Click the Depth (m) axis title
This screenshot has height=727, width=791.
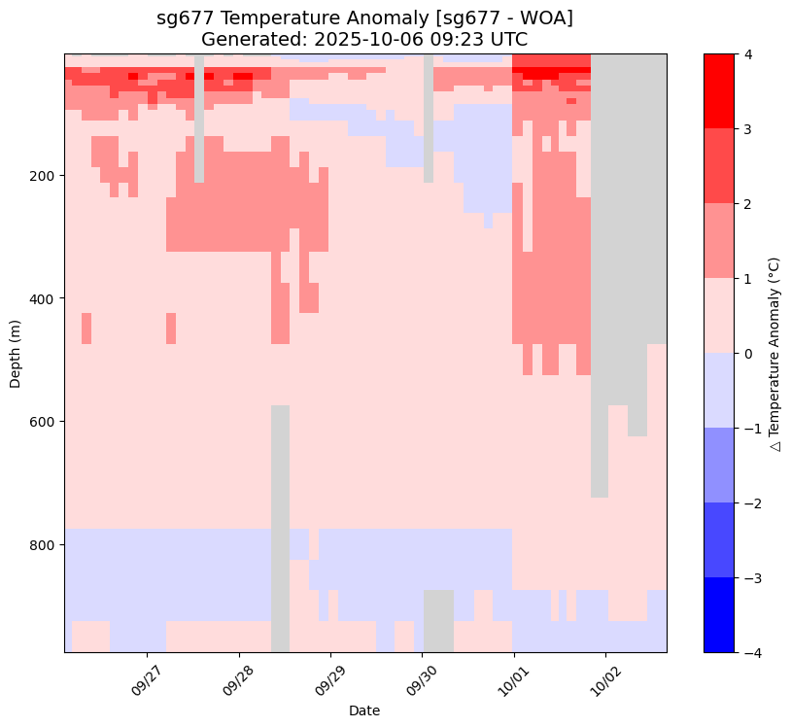pyautogui.click(x=16, y=353)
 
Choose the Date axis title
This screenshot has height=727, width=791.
pyautogui.click(x=364, y=711)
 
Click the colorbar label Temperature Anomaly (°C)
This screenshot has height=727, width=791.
pyautogui.click(x=774, y=353)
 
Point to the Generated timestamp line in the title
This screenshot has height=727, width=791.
pyautogui.click(x=364, y=39)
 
